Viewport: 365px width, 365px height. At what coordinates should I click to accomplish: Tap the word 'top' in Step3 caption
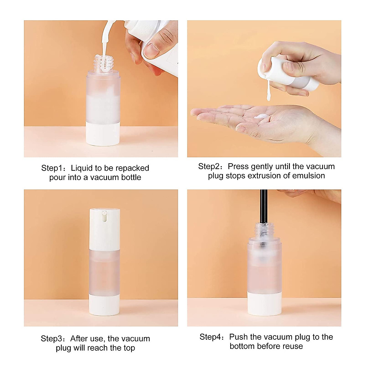(x=129, y=348)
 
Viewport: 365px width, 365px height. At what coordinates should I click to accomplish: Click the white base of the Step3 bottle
(x=104, y=306)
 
